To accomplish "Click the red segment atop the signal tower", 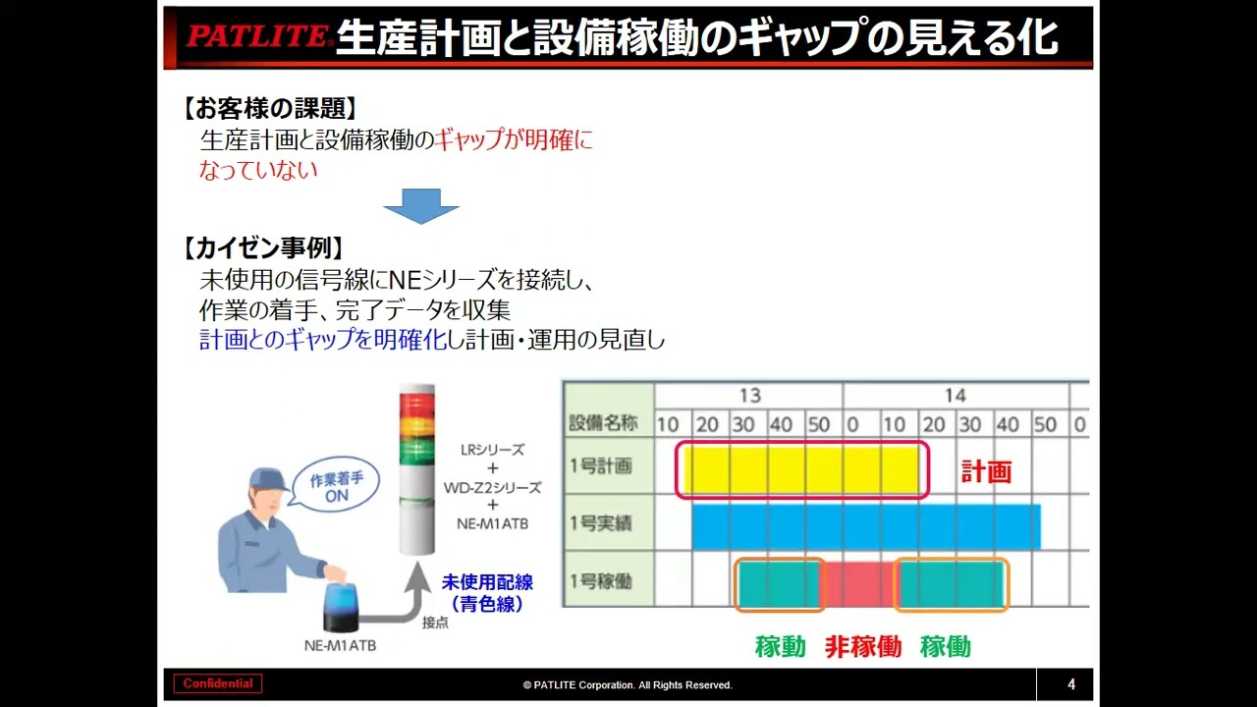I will click(x=415, y=402).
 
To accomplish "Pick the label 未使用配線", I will click(x=487, y=583).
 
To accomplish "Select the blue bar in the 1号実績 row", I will click(x=865, y=526).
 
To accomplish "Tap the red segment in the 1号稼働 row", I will click(x=860, y=583).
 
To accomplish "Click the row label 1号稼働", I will click(x=601, y=581).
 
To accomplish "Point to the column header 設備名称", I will click(x=603, y=424).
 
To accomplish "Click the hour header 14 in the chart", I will click(x=955, y=396).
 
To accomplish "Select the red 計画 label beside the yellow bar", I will click(x=986, y=471).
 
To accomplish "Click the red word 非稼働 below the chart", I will click(x=862, y=646).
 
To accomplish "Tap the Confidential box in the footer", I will click(x=218, y=684).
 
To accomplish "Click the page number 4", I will click(x=1071, y=684).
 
